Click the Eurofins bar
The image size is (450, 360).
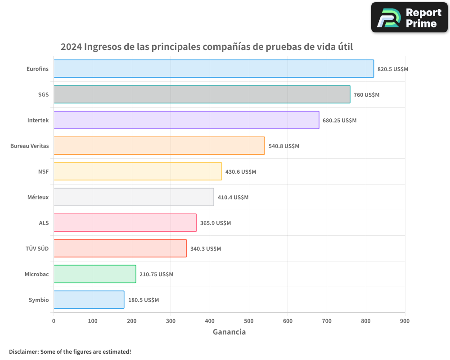pos(214,69)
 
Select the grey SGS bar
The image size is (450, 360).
pos(202,94)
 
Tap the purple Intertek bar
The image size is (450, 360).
pos(186,120)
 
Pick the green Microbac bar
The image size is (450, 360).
pos(94,274)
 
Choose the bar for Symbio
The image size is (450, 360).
pos(89,300)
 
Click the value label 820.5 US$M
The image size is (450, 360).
pos(392,69)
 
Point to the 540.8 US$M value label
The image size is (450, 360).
pos(283,146)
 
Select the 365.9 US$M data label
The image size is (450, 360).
pos(215,223)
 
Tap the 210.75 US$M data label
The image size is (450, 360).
pos(156,274)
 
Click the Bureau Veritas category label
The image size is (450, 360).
pos(30,146)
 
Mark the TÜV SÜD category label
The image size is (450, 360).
pos(37,248)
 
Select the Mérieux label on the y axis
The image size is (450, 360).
pos(38,197)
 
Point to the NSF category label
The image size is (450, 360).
pos(43,171)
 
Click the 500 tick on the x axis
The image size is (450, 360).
pos(249,321)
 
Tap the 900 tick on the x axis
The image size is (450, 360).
pos(405,321)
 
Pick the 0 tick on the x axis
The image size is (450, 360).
pos(54,321)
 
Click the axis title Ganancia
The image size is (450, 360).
pos(229,332)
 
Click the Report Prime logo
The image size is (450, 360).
pos(409,18)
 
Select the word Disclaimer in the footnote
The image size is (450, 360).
pos(23,351)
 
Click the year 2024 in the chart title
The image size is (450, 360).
pos(71,47)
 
